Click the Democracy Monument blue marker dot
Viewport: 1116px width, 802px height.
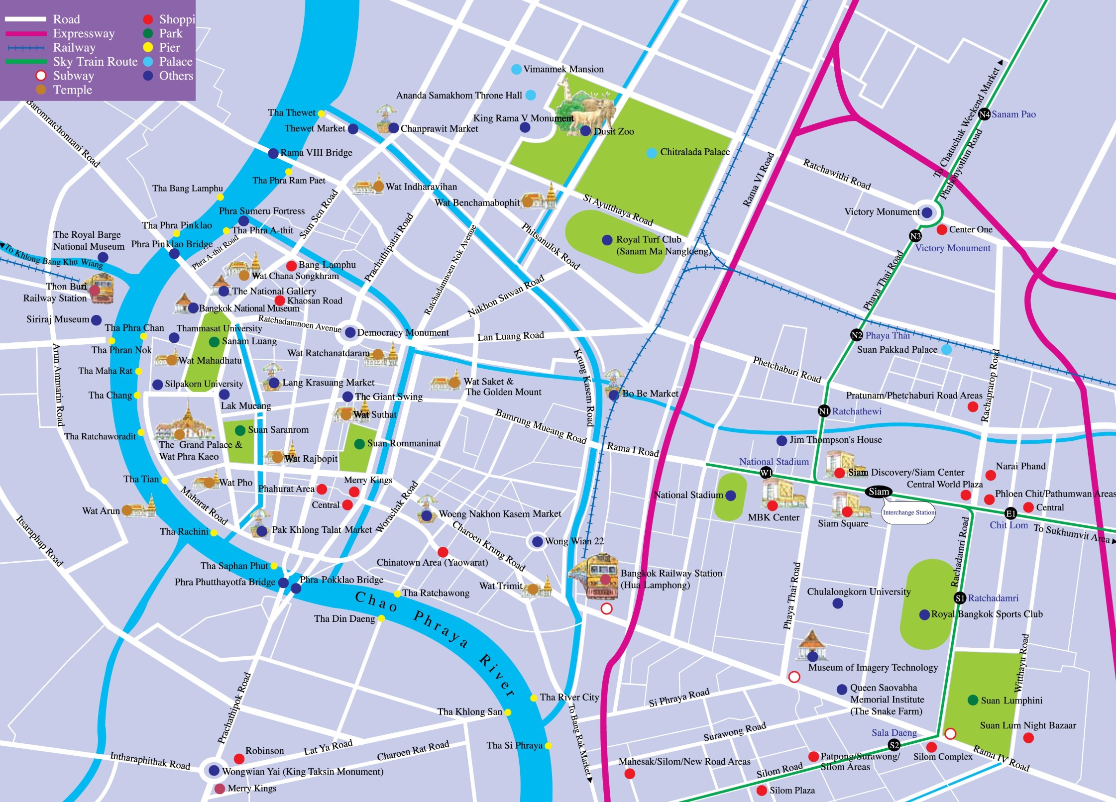pos(350,332)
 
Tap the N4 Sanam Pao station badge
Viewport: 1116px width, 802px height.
pos(984,114)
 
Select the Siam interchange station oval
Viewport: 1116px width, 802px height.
pos(879,492)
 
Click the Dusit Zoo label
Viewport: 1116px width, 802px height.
pos(614,131)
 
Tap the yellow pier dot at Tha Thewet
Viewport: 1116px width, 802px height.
pos(322,114)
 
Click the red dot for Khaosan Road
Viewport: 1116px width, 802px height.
pos(280,301)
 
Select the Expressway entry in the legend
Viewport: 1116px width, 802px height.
pos(84,33)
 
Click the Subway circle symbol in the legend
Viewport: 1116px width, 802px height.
pos(41,76)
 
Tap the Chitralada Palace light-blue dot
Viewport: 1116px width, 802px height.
pos(652,153)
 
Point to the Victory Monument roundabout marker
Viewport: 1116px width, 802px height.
pos(927,212)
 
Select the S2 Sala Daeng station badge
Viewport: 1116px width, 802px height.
pos(894,745)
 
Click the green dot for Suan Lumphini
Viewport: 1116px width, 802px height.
pos(973,700)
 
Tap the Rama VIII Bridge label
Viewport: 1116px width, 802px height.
pos(316,153)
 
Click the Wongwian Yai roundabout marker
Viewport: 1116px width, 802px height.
pos(214,771)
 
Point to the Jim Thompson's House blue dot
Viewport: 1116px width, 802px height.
pos(782,440)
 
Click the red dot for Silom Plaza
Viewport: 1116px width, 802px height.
pos(762,790)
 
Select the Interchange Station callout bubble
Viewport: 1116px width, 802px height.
pos(908,512)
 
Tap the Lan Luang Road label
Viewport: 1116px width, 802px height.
pos(510,336)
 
